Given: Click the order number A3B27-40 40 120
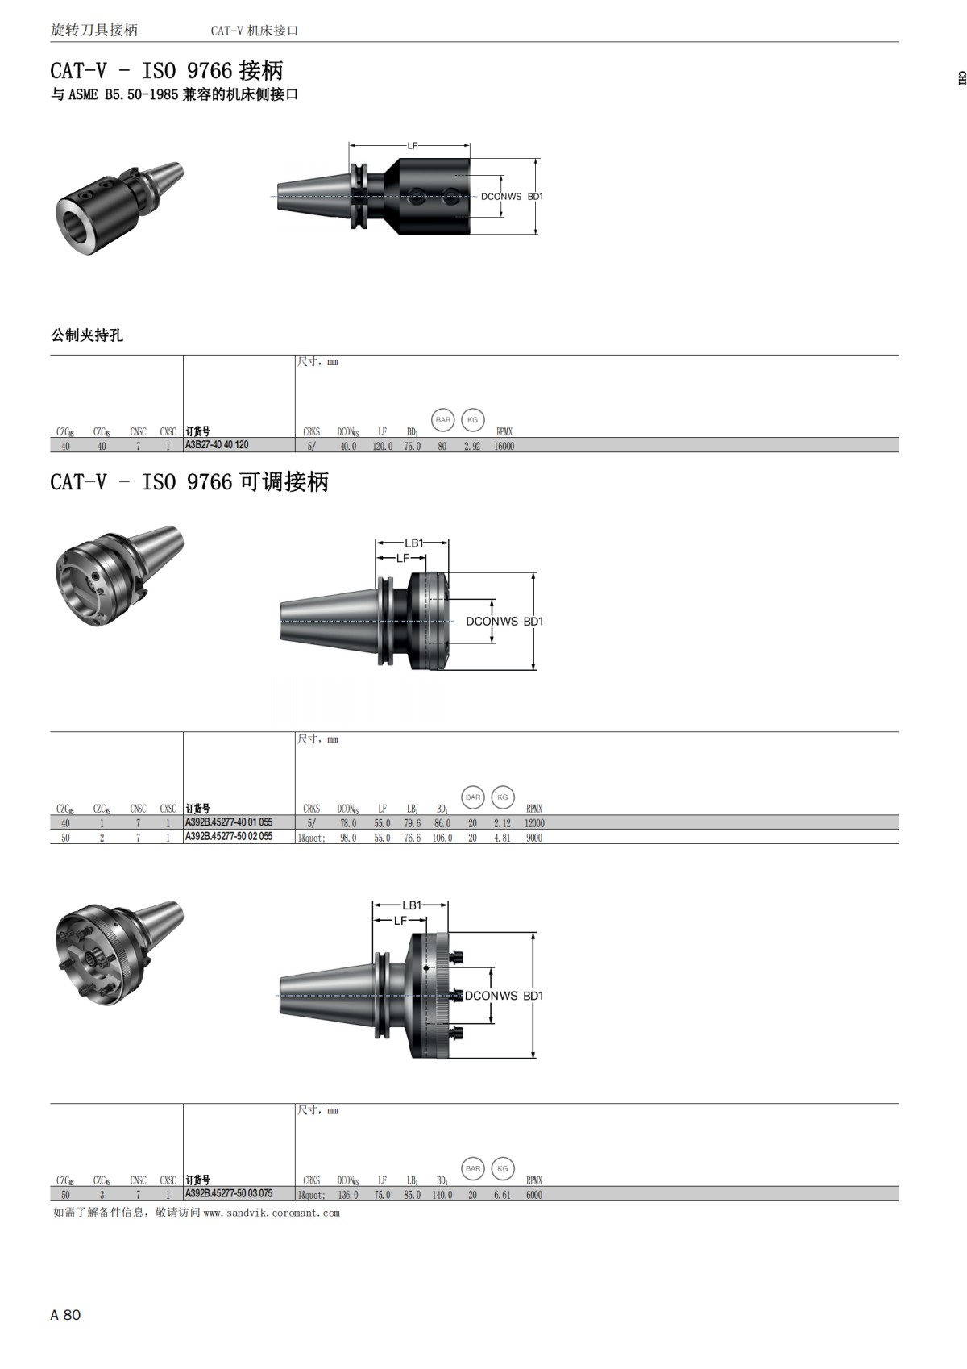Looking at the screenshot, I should [x=217, y=445].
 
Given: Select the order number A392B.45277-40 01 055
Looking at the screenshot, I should [x=229, y=822].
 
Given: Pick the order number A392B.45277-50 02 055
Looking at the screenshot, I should [x=229, y=837].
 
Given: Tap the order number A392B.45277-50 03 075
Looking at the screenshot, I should [x=229, y=1194].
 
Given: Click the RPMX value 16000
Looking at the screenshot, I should [x=504, y=446].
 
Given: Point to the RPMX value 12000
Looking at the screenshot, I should [x=534, y=823].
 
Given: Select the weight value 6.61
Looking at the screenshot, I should [x=502, y=1195].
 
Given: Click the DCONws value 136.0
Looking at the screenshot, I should [x=348, y=1195].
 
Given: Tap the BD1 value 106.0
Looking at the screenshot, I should [x=442, y=838].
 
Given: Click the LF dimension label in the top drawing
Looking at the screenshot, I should [x=412, y=146].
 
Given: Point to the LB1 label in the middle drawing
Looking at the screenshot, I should [x=413, y=543].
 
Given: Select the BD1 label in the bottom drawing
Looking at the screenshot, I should [x=533, y=996].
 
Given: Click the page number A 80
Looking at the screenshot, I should [x=65, y=1315].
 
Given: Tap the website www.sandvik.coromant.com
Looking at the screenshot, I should [x=272, y=1213].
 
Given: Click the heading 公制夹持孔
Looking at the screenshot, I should [x=87, y=335].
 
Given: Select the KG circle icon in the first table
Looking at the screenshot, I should [x=473, y=420].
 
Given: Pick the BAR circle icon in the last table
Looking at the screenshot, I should [x=473, y=1168].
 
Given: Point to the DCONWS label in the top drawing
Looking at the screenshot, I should [x=501, y=197].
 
